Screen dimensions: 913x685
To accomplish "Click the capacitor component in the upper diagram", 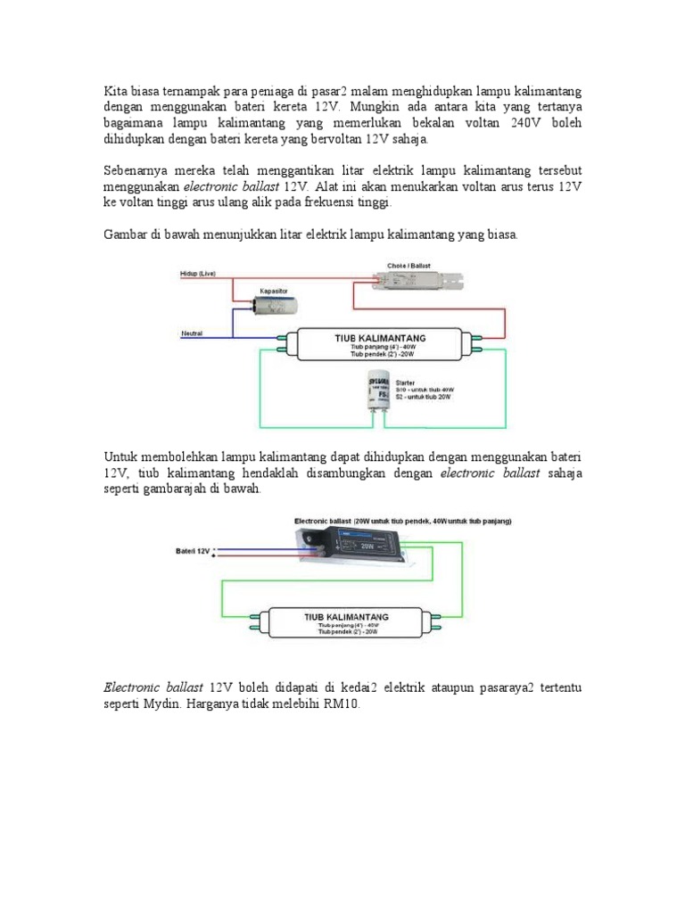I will [273, 307].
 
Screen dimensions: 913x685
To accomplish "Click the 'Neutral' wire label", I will [192, 333].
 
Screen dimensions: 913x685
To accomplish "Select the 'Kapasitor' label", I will [272, 291].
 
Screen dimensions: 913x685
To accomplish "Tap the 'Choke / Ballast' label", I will [409, 265].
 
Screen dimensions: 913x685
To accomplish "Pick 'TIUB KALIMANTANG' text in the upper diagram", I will [378, 339].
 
